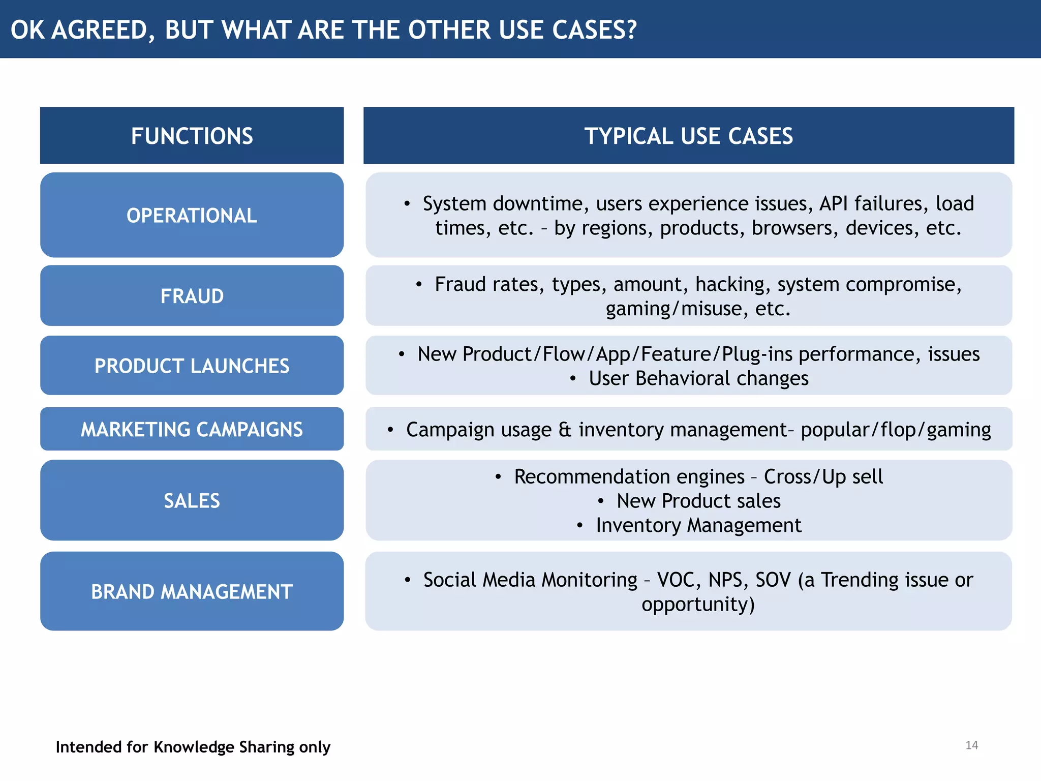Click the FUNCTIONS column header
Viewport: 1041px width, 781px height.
(x=192, y=136)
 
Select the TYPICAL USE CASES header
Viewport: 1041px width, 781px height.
(x=688, y=136)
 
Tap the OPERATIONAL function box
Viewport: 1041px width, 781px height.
(x=192, y=215)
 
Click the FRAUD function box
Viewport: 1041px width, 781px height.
(x=192, y=296)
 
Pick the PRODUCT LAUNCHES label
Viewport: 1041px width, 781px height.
(x=192, y=366)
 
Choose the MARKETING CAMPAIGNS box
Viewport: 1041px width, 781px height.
(x=192, y=429)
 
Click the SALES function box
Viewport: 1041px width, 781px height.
(x=192, y=500)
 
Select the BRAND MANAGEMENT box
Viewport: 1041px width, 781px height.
(x=192, y=591)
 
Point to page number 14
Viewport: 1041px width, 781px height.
(x=971, y=745)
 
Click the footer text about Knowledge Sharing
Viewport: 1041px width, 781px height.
(x=193, y=747)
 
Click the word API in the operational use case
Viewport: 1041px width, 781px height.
(x=834, y=203)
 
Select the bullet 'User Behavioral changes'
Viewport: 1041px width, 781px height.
(x=698, y=378)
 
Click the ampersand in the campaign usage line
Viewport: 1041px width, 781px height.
(x=565, y=430)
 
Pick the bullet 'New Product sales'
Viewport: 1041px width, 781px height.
(x=698, y=501)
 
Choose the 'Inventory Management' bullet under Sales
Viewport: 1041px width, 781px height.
(x=698, y=525)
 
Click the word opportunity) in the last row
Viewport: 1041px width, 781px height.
(x=698, y=604)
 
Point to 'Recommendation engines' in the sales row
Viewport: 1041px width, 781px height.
(x=629, y=477)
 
